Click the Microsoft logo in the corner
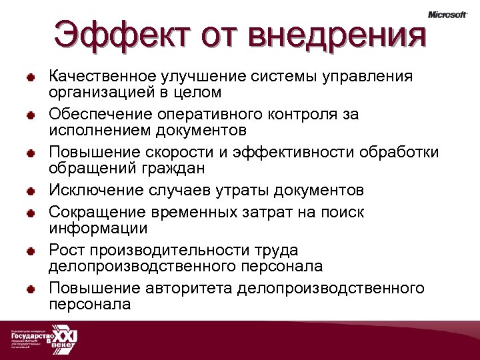point(447,15)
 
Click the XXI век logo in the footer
point(65,341)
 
